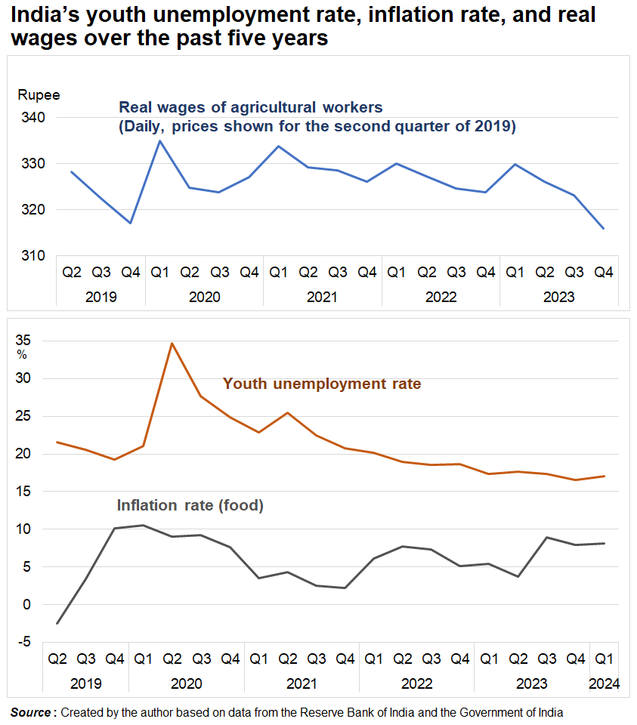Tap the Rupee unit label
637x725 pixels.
(x=39, y=95)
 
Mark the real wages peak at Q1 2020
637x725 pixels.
(x=159, y=140)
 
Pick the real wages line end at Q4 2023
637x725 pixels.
(x=603, y=228)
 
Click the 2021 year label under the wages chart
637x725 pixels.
(x=323, y=297)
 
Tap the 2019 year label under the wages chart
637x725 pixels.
(x=101, y=297)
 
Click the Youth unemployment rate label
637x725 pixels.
(x=322, y=384)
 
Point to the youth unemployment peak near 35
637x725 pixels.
(x=172, y=344)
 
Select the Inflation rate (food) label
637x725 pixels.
(x=190, y=505)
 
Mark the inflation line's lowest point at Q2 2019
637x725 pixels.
(x=57, y=623)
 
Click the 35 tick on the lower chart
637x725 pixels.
(x=26, y=339)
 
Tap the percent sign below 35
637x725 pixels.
(x=22, y=354)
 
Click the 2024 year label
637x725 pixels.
(x=605, y=683)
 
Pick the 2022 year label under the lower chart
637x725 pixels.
(x=416, y=683)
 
